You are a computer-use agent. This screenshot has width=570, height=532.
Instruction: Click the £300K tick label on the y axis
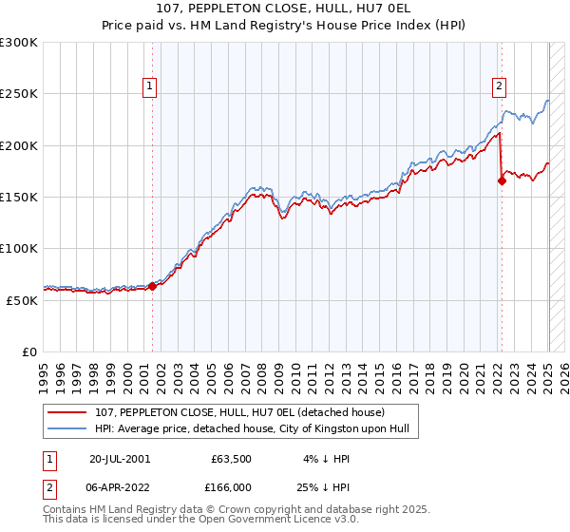(19, 43)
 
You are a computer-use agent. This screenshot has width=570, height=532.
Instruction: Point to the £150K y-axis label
(19, 197)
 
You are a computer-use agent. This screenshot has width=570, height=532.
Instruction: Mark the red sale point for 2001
(152, 286)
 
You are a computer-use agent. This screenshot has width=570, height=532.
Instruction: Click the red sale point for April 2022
(502, 180)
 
